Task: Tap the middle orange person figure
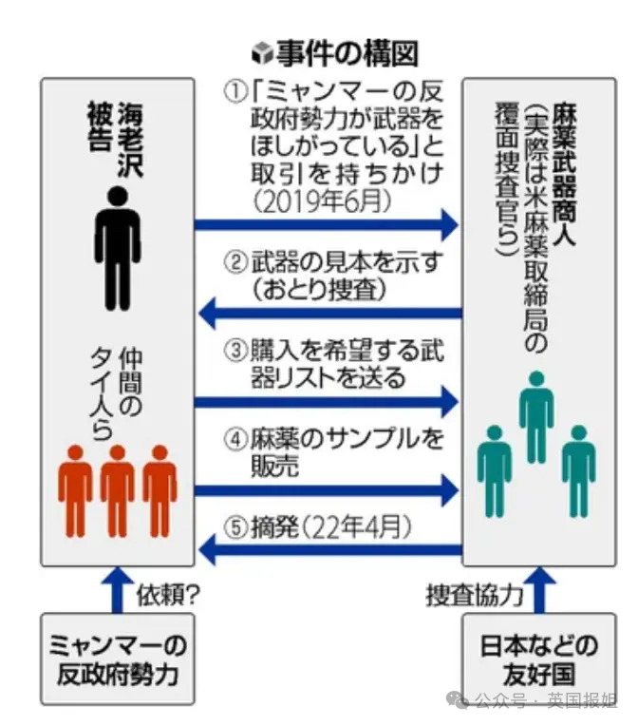pyautogui.click(x=117, y=489)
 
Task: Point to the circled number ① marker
pyautogui.click(x=235, y=93)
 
